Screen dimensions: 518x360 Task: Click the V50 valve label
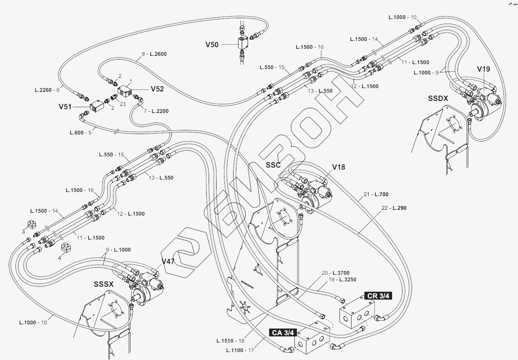pyautogui.click(x=212, y=45)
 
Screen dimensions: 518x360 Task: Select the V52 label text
pyautogui.click(x=157, y=89)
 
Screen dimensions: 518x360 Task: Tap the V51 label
pyautogui.click(x=65, y=107)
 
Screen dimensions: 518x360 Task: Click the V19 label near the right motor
pyautogui.click(x=484, y=69)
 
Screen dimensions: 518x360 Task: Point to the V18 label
pyautogui.click(x=339, y=167)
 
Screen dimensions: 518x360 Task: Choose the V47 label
pyautogui.click(x=168, y=262)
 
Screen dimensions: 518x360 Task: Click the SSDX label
pyautogui.click(x=438, y=98)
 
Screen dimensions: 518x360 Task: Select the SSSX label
pyautogui.click(x=104, y=284)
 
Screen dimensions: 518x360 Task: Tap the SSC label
pyautogui.click(x=273, y=165)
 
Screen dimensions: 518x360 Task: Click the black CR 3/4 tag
pyautogui.click(x=378, y=296)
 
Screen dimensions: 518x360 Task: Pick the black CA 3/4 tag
pyautogui.click(x=283, y=333)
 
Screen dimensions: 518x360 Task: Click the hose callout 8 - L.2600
pyautogui.click(x=154, y=54)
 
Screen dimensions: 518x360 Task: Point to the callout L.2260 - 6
pyautogui.click(x=47, y=90)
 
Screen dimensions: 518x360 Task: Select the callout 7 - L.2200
pyautogui.click(x=156, y=111)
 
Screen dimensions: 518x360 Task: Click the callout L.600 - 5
pyautogui.click(x=81, y=133)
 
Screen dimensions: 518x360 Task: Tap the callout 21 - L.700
pyautogui.click(x=376, y=194)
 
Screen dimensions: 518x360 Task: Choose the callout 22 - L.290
pyautogui.click(x=394, y=208)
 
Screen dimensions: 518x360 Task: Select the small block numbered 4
pyautogui.click(x=66, y=247)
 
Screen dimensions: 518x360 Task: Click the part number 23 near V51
pyautogui.click(x=123, y=104)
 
